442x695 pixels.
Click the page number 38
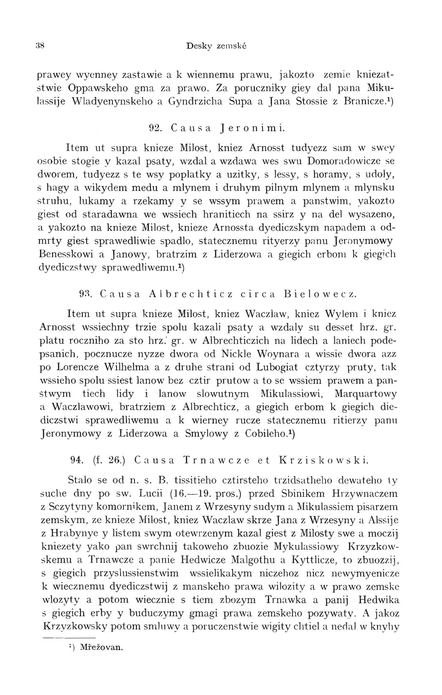[40, 46]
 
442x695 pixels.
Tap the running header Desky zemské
[216, 46]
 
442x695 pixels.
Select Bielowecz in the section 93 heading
[320, 293]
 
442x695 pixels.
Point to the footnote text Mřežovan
[101, 647]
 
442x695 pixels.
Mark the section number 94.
[76, 460]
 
